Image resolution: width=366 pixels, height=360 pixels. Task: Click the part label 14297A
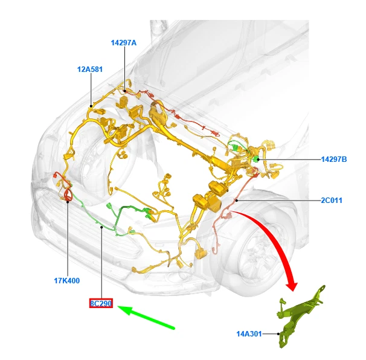(124, 43)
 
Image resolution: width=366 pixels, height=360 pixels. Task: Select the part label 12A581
(89, 69)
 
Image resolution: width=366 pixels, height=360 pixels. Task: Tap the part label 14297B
(334, 159)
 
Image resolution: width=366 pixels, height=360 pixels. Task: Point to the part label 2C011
(332, 200)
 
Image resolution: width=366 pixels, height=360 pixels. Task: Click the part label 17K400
(66, 281)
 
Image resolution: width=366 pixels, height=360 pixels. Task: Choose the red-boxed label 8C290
(101, 303)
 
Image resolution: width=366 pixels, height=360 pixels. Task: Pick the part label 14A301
(249, 333)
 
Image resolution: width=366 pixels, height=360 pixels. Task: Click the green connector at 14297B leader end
(256, 159)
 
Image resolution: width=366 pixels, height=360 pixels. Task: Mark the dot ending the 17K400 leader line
(67, 202)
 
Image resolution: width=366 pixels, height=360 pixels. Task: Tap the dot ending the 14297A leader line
(125, 91)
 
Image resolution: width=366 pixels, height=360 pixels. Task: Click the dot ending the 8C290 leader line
(101, 228)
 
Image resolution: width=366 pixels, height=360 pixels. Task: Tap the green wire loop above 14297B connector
(237, 146)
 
